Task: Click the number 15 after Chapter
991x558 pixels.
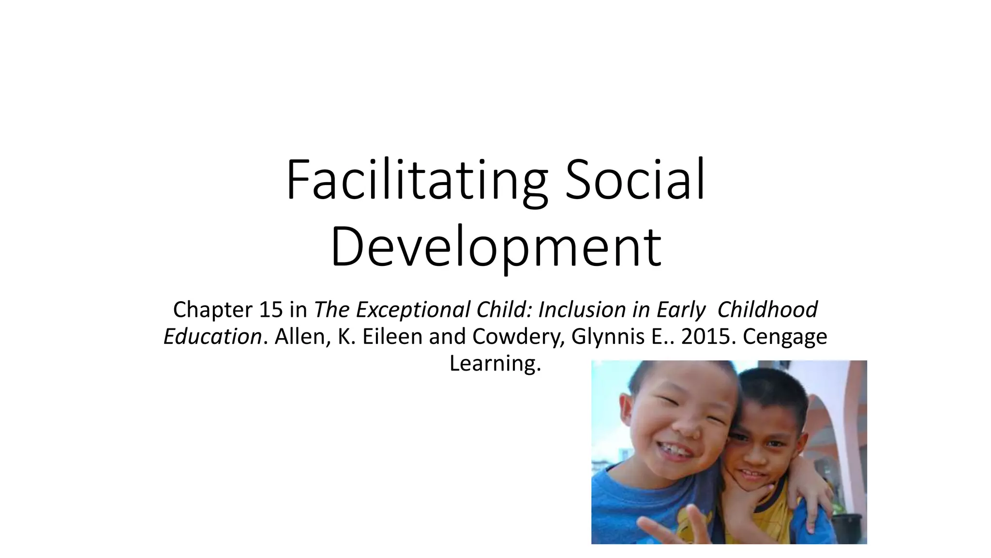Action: pos(270,310)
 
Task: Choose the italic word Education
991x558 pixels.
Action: pos(212,336)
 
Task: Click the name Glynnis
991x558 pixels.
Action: pos(608,336)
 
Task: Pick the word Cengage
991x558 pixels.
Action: pos(785,336)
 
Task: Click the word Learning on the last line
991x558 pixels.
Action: pos(495,363)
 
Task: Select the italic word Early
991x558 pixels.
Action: pos(681,310)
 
